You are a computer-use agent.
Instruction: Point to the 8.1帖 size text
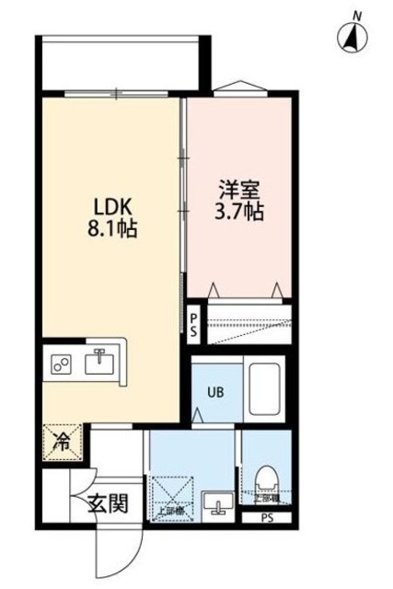pos(112,230)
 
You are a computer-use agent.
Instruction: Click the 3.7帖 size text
pos(241,213)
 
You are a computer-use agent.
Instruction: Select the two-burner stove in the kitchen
pos(64,364)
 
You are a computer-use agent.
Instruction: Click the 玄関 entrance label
pos(107,504)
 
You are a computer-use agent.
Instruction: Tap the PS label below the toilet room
pos(268,517)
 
